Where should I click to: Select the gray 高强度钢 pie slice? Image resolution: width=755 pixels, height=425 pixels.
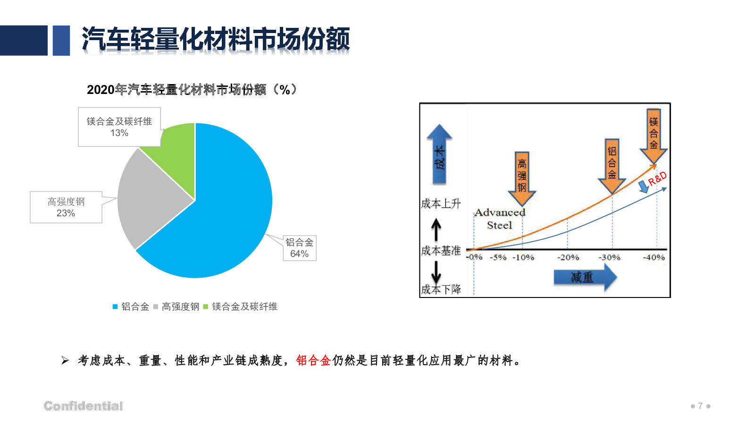148,199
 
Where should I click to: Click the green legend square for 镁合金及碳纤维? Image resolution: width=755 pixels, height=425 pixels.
206,306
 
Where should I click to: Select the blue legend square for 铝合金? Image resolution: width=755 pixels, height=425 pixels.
115,306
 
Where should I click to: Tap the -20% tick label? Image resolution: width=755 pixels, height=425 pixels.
568,257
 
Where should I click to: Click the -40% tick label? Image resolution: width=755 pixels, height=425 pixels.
654,257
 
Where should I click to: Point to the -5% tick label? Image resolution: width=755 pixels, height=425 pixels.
498,257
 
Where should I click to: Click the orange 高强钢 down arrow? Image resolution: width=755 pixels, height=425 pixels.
522,179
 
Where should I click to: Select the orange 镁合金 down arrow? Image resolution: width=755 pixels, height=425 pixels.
654,136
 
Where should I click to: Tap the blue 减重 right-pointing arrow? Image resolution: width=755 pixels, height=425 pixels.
585,277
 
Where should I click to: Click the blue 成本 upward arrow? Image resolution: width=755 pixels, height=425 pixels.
439,154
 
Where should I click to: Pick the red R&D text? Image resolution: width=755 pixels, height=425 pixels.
657,179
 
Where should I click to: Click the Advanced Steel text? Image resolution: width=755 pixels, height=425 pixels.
500,219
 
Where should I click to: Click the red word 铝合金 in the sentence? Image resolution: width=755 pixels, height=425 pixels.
313,361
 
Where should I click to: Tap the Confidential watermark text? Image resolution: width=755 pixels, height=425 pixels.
83,406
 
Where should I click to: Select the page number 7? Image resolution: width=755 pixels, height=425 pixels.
700,406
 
